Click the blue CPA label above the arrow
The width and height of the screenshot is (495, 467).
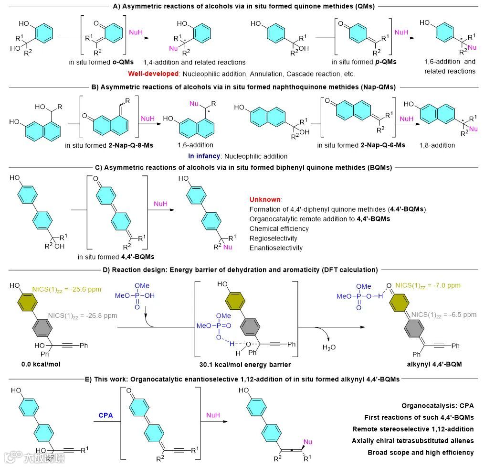pyautogui.click(x=105, y=415)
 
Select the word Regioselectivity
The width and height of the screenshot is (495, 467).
pyautogui.click(x=273, y=238)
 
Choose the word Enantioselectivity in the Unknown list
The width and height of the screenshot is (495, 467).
pyautogui.click(x=276, y=248)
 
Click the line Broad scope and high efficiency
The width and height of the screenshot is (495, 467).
pyautogui.click(x=421, y=452)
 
